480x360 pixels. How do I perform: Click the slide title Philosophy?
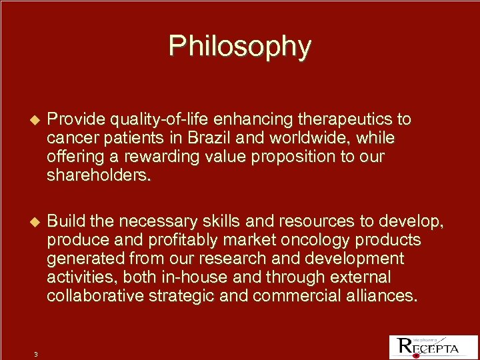[x=239, y=46]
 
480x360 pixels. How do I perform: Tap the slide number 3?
[x=36, y=354]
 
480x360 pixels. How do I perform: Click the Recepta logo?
[x=428, y=347]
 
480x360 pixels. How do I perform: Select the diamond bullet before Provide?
[x=36, y=120]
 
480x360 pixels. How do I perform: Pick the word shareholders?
[x=99, y=175]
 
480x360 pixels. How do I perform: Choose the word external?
[x=367, y=277]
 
